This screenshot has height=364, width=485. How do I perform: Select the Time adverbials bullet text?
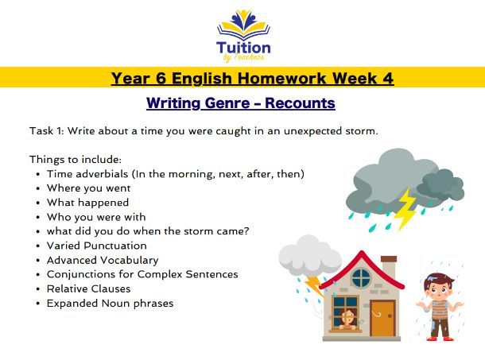175,173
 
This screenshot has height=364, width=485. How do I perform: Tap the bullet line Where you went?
88,188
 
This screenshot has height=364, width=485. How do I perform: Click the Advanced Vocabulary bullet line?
102,260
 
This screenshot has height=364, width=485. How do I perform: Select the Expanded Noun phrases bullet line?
110,303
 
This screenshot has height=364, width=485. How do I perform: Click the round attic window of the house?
361,277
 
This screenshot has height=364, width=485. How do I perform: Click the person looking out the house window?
347,319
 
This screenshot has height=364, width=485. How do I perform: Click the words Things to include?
76,159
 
